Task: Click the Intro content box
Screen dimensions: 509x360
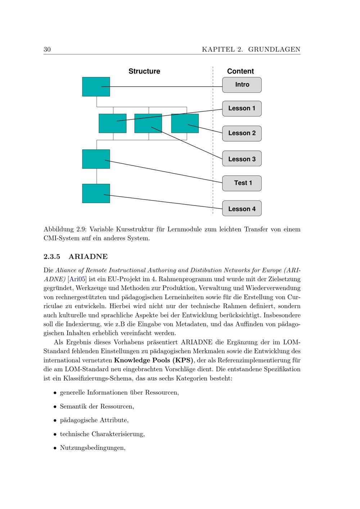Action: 242,85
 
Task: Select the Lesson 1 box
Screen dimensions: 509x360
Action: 242,109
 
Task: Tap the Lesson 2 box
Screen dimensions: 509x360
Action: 242,133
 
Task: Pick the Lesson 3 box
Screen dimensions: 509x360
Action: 242,159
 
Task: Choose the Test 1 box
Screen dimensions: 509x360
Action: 242,183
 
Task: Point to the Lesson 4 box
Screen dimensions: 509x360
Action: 242,209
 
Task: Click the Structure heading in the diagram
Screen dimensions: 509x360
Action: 144,71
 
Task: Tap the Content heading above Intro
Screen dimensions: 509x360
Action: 240,71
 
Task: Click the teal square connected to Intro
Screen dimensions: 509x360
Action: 96,87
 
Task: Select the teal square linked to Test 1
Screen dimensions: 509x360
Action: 96,159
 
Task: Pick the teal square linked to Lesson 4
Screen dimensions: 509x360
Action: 96,194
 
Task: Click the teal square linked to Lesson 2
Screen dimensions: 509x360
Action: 185,123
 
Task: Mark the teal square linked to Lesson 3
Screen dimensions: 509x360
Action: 148,123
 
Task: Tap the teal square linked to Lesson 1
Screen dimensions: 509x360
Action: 112,123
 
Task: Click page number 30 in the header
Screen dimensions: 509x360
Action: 47,50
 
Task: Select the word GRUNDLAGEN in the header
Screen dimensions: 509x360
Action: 274,50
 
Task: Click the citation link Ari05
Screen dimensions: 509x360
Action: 77,279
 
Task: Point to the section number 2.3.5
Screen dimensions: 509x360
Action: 52,257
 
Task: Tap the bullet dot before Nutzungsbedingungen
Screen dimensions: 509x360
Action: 55,449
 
